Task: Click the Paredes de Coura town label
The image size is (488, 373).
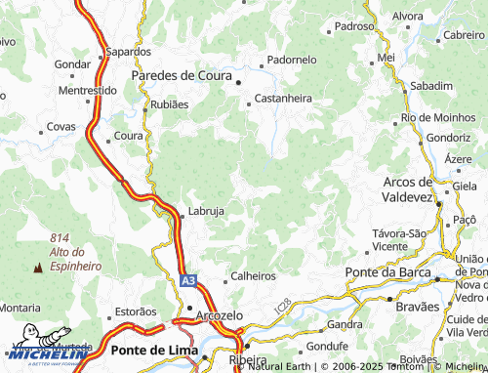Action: (x=182, y=75)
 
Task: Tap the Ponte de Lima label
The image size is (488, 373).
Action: (x=154, y=350)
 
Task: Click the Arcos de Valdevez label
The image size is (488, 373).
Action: (x=408, y=189)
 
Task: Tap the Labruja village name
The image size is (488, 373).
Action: (x=207, y=211)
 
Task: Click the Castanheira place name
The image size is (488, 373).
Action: (x=283, y=99)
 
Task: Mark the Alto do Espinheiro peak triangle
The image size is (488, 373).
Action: (x=39, y=266)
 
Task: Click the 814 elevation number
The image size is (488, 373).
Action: (x=61, y=237)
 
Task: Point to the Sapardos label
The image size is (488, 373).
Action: (x=129, y=51)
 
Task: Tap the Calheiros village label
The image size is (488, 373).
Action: (x=254, y=276)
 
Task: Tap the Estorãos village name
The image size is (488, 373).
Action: (x=136, y=311)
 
